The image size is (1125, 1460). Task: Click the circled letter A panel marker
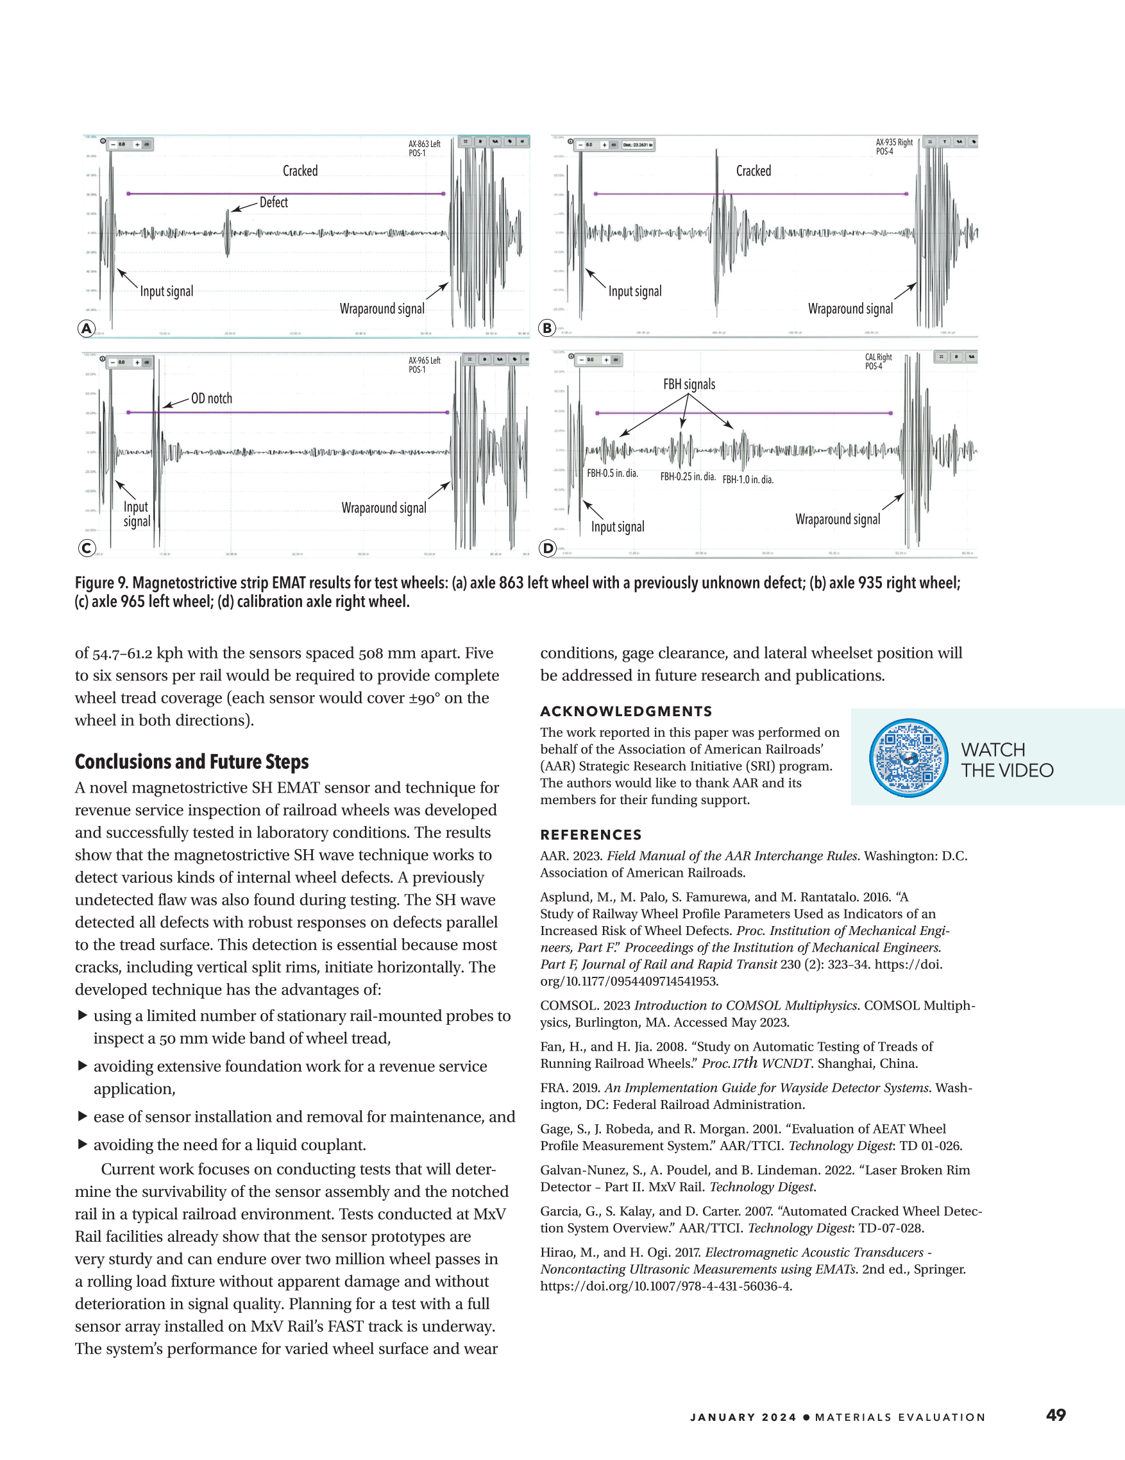tap(86, 328)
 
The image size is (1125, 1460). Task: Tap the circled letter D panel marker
tap(548, 549)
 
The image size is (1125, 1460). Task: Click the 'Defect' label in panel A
tap(273, 203)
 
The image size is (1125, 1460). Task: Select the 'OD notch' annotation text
tap(211, 399)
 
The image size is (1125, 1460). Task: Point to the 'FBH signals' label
tap(689, 384)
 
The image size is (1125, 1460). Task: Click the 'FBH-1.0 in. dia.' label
tap(748, 480)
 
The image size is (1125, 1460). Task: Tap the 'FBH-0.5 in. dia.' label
tap(612, 474)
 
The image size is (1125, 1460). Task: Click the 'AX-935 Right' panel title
tap(894, 142)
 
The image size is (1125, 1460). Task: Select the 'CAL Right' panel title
tap(878, 357)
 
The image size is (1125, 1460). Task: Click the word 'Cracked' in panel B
tap(753, 171)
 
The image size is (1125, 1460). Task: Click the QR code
tap(909, 758)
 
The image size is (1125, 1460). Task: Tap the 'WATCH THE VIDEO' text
tap(1007, 760)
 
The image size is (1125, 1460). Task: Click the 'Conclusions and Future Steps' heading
tap(192, 762)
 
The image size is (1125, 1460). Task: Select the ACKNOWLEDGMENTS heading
tap(626, 711)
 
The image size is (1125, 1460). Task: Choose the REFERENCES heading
tap(591, 835)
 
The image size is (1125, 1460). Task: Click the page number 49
tap(1056, 1414)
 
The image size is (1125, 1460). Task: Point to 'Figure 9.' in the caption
tap(101, 583)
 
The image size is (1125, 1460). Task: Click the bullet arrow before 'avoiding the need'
tap(83, 1144)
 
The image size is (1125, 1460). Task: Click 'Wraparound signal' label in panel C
tap(384, 508)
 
